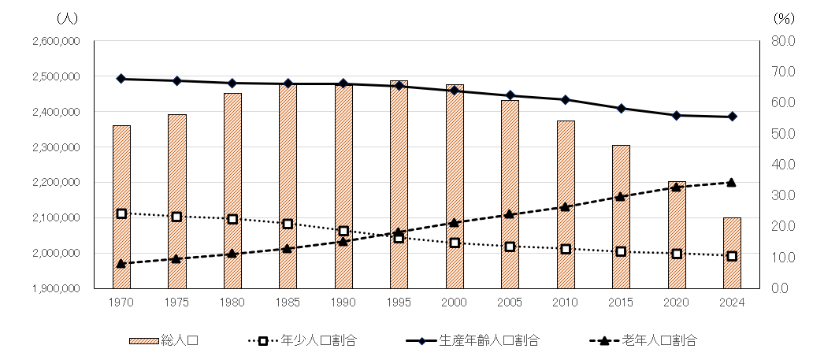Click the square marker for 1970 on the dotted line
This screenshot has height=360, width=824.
(121, 213)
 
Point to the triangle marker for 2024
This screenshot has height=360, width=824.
(732, 182)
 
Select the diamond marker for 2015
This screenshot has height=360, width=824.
(621, 108)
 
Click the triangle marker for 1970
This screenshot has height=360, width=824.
(121, 264)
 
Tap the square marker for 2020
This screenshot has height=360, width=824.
(677, 254)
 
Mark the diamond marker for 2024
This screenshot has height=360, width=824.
(732, 117)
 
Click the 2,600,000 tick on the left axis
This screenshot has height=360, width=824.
(56, 41)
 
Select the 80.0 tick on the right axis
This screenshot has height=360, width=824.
(785, 41)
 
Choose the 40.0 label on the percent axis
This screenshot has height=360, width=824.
(785, 165)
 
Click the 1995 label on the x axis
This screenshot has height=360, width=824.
(399, 302)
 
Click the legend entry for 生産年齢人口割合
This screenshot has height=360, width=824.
(473, 341)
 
